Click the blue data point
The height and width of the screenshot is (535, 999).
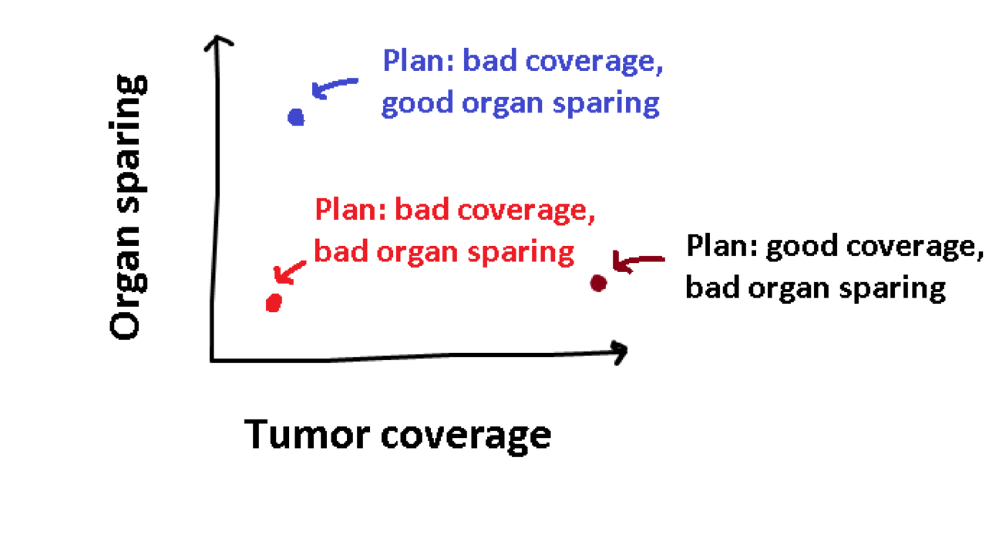296,118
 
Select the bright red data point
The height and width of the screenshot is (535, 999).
274,303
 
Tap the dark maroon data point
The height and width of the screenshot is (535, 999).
598,283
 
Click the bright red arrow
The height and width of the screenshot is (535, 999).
290,271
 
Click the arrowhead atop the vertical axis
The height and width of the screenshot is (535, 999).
218,42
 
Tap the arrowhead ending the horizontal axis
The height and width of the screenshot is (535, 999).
620,352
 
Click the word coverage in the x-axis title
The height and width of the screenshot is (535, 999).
466,437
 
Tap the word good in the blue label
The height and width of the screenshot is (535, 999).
418,103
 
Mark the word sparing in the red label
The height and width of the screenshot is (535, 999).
521,253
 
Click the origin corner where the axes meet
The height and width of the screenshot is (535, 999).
212,360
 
